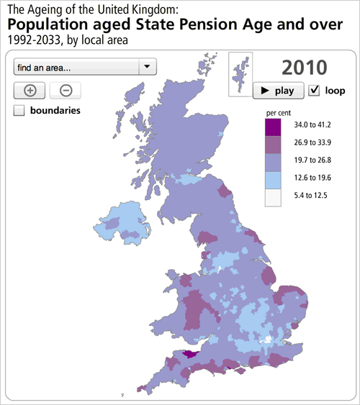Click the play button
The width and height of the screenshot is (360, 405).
276,91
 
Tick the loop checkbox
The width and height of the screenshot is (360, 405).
313,91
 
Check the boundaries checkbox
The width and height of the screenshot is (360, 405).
19,111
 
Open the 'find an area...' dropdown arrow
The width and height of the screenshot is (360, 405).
146,67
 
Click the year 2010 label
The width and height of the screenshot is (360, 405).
305,68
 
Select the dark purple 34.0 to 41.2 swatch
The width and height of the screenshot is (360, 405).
273,127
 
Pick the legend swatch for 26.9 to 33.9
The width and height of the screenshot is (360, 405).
273,144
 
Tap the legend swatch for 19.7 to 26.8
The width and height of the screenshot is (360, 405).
273,160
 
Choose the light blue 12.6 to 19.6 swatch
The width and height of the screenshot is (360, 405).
273,178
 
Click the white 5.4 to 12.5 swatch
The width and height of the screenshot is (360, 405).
273,196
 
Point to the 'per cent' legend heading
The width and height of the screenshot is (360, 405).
278,113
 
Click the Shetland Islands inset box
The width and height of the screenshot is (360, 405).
239,74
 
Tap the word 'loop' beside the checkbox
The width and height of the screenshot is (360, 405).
335,91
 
